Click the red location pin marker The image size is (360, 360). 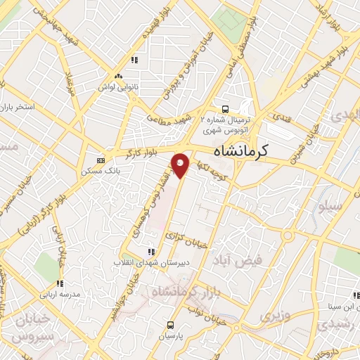(x=181, y=165)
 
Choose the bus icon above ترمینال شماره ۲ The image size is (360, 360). (x=225, y=109)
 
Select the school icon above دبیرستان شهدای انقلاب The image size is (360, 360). (x=149, y=252)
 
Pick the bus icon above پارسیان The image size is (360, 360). (x=170, y=325)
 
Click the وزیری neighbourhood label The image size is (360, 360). (x=275, y=316)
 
